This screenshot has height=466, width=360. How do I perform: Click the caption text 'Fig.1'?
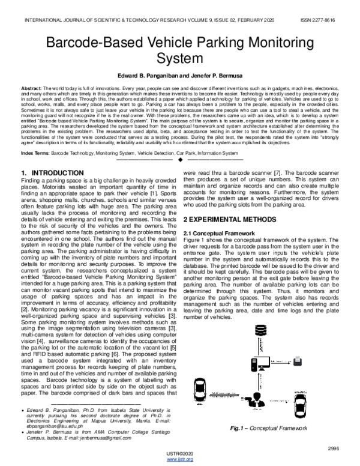(244, 428)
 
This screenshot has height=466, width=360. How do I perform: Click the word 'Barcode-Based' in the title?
(99, 43)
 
